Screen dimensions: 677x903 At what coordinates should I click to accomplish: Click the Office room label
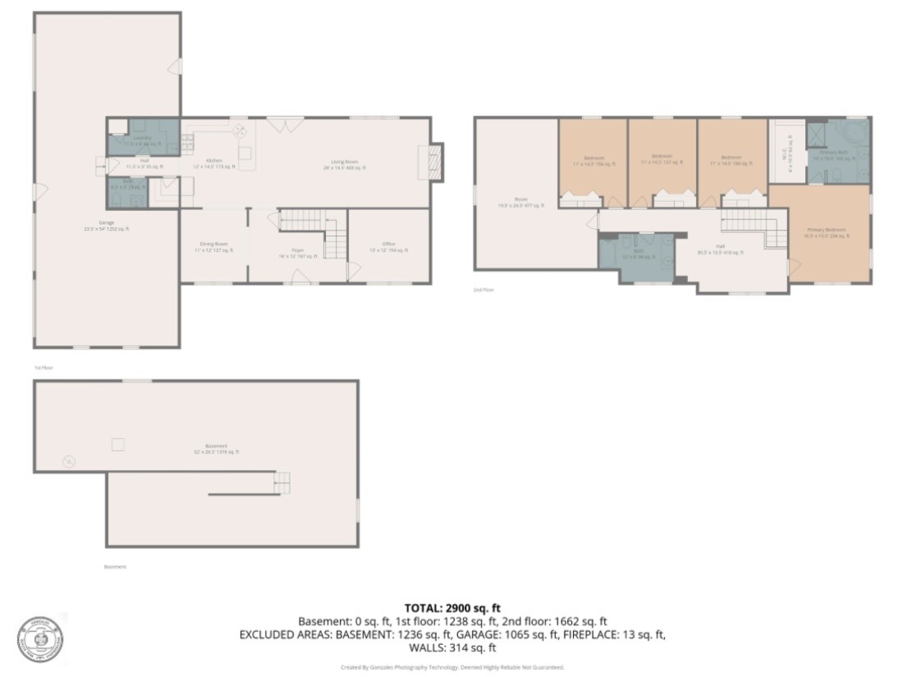[388, 247]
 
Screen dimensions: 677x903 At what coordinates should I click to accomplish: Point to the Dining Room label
[213, 247]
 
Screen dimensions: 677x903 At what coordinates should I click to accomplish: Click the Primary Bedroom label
[827, 232]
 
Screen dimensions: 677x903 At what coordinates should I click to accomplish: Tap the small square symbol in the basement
[118, 445]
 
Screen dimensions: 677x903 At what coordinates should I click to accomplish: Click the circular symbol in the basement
[69, 461]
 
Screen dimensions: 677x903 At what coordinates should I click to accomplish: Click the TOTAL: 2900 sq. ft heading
[451, 608]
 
